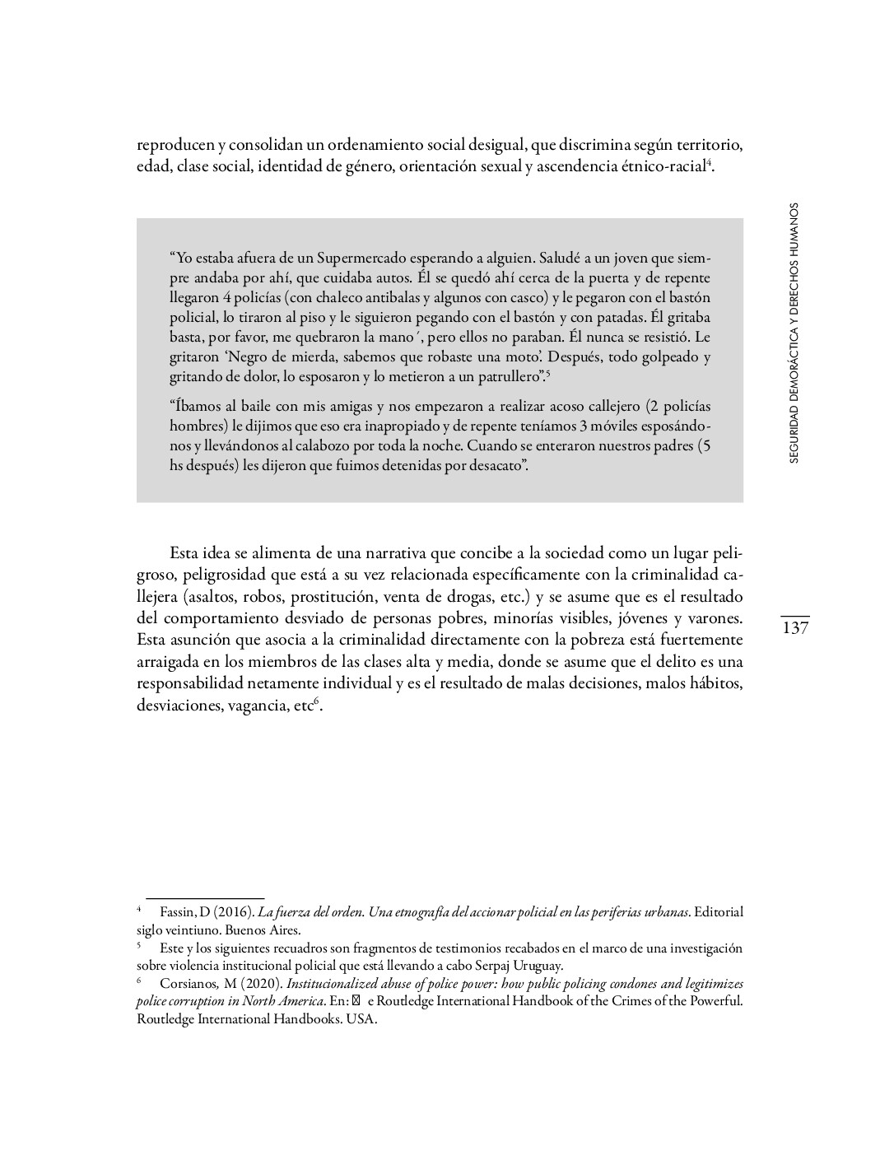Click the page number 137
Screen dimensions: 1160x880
point(795,628)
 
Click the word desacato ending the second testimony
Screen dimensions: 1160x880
point(497,465)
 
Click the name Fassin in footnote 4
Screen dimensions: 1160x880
point(174,912)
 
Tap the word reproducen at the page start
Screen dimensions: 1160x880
point(175,146)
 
